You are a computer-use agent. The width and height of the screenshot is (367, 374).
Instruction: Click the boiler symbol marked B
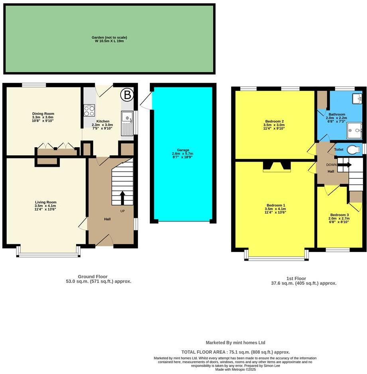click(x=127, y=95)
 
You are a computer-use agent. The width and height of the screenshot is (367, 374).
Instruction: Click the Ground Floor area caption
click(x=98, y=279)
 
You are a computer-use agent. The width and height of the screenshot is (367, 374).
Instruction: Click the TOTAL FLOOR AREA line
click(x=236, y=352)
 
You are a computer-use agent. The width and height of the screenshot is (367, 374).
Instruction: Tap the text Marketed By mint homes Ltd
click(x=235, y=342)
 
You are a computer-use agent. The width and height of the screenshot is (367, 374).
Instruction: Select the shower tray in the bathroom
click(x=354, y=129)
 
